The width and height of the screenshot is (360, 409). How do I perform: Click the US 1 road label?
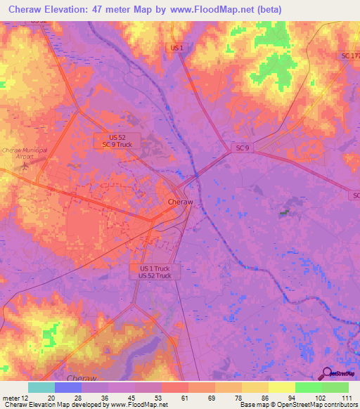coord(176,48)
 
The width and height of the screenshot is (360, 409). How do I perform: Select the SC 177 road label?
coord(349,56)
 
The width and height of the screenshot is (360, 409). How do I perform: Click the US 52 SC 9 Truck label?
coord(117,140)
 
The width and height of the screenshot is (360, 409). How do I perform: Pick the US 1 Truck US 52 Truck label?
coord(155,272)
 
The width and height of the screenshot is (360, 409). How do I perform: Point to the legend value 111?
coord(346,398)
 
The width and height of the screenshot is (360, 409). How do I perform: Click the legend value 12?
coord(27,398)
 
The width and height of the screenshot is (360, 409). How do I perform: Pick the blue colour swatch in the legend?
coord(67,387)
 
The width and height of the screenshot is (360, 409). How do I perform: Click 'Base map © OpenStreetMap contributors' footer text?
coord(297,405)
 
